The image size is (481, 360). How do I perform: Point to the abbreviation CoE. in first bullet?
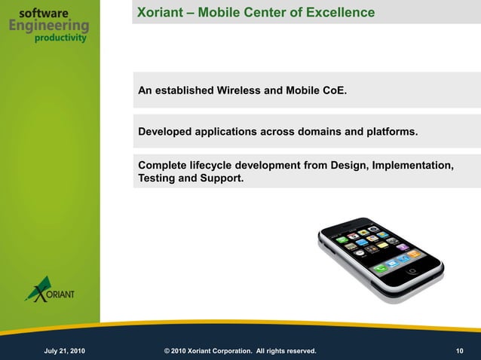click(335, 91)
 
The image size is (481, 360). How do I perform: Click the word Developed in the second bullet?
click(165, 132)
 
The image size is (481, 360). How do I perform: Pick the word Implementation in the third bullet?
click(412, 166)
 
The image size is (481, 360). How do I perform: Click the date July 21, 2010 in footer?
click(69, 351)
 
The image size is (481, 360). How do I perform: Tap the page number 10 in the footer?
click(460, 351)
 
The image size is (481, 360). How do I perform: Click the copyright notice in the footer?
click(240, 351)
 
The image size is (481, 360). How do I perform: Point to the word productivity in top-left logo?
click(60, 39)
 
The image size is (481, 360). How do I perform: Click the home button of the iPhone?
click(412, 270)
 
